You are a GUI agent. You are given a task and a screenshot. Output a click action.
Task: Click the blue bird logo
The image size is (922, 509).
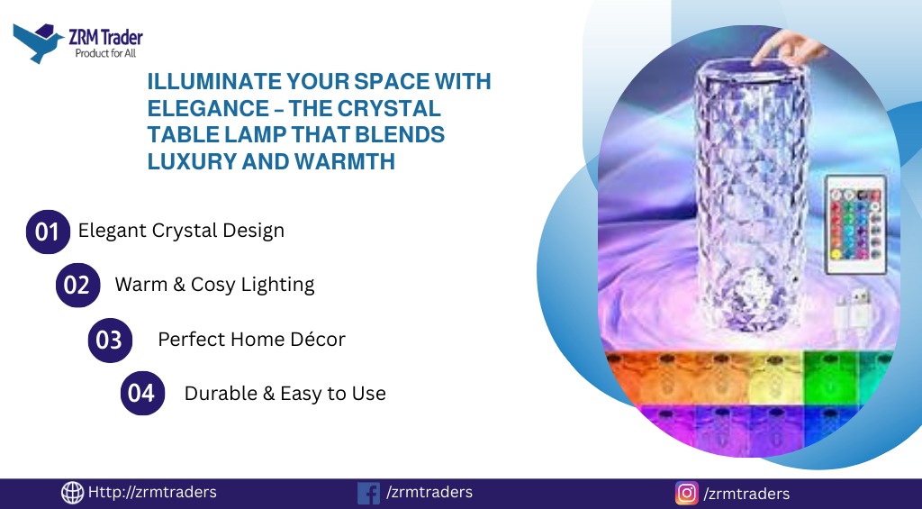[38, 43]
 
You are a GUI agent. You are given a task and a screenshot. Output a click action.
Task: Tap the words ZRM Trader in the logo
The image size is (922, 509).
[106, 38]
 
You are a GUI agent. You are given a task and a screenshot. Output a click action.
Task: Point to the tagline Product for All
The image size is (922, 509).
[106, 53]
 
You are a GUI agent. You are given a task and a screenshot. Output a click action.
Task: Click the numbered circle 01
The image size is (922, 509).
[48, 232]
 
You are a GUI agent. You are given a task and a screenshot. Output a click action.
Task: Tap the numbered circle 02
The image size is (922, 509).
[77, 286]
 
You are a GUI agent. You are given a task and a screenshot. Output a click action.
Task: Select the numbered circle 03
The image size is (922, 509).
[110, 341]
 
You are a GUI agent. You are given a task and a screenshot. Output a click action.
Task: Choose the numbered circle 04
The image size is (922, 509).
[142, 393]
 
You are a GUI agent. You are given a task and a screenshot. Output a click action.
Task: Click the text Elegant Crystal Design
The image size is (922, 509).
[181, 231]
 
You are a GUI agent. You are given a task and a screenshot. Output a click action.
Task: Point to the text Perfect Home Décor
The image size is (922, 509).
[252, 340]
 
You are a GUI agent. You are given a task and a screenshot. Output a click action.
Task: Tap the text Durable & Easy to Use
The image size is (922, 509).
[285, 394]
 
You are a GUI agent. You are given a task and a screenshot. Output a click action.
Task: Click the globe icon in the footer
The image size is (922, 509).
[72, 493]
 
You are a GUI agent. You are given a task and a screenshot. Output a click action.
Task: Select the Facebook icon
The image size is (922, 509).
[368, 493]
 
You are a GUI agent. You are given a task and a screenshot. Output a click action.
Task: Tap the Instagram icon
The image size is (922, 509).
[687, 493]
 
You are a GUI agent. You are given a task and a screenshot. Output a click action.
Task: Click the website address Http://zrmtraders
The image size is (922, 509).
[152, 492]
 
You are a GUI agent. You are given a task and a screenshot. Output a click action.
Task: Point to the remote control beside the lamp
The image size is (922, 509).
[855, 224]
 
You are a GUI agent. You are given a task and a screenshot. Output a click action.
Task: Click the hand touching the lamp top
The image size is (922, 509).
[790, 48]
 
